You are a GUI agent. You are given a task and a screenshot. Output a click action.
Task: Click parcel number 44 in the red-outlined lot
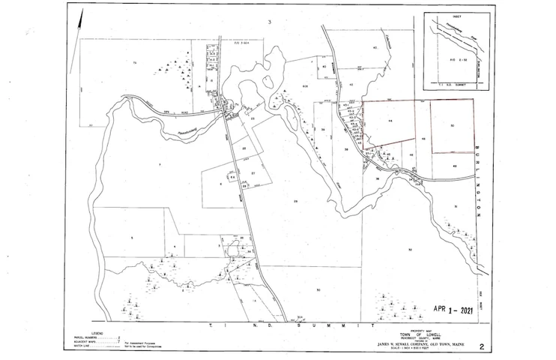[390, 120]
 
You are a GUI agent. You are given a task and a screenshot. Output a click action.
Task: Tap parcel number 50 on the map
[453, 125]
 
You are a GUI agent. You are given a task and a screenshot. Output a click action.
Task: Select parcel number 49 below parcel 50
[455, 166]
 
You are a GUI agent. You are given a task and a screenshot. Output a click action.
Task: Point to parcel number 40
[374, 47]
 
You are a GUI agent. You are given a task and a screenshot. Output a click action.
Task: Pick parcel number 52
[410, 248]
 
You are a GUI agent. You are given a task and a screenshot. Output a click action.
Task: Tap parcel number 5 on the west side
[131, 237]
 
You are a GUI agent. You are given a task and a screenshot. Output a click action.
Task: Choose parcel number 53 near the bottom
[318, 289]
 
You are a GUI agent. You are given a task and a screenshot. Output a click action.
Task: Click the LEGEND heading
[98, 330]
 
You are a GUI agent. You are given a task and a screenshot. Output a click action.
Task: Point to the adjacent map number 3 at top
[268, 22]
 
